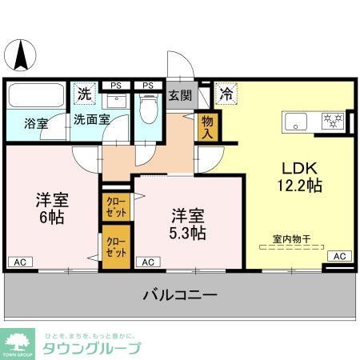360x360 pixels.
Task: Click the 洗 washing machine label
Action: tap(84, 94)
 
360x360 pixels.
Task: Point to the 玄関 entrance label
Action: tap(179, 96)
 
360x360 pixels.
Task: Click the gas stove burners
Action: tap(333, 122)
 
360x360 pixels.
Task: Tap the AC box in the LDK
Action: tap(338, 256)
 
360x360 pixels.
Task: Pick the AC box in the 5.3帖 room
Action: tap(147, 262)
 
